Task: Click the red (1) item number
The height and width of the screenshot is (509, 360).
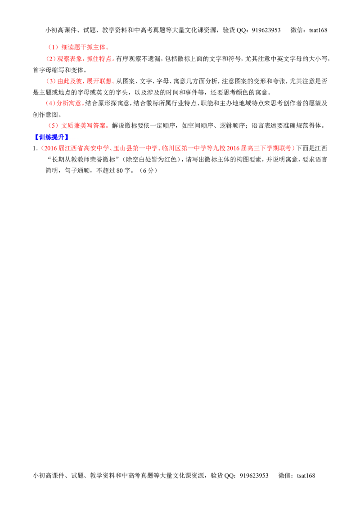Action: coord(53,47)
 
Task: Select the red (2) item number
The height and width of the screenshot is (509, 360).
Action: coord(51,58)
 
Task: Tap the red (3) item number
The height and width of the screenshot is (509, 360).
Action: coord(51,81)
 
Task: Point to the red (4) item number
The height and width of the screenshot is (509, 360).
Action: coord(49,103)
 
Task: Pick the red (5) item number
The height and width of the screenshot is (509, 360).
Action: coord(53,125)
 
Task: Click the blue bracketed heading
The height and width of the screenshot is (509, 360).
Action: coord(51,137)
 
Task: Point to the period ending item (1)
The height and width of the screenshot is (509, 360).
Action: coord(109,48)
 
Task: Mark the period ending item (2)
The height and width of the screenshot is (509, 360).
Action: coord(114,60)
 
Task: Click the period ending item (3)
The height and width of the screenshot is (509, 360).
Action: coord(114,83)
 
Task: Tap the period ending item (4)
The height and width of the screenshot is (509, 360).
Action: coord(84,105)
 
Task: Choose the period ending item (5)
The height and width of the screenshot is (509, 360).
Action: coord(108,127)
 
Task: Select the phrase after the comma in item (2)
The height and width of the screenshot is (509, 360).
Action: coord(99,58)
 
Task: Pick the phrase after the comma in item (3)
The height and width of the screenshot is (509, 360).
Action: coord(99,81)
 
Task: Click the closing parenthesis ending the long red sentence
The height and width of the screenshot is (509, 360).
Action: coord(294,147)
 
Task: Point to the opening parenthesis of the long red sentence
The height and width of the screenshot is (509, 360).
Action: coord(41,147)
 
